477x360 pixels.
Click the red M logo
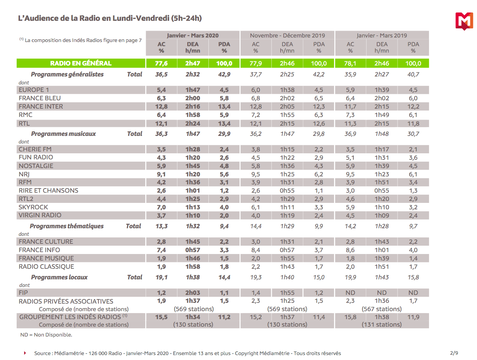pos(464,21)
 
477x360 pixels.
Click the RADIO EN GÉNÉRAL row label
pos(81,63)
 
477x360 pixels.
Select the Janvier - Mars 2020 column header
pos(193,35)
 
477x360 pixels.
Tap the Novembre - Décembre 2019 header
pos(287,36)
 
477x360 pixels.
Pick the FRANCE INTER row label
pos(41,106)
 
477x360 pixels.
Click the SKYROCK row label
pos(33,207)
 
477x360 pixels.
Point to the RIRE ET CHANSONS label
pos(48,190)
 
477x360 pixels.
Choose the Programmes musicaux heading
pos(64,134)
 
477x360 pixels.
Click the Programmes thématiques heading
pos(67,226)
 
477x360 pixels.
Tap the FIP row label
pos(23,293)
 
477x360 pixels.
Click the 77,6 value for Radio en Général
pos(161,63)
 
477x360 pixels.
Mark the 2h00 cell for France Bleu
pos(193,98)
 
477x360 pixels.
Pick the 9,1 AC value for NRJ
pos(161,174)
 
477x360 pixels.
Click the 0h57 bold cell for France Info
pos(193,250)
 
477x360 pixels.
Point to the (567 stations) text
pos(382,309)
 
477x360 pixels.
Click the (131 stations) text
pos(382,324)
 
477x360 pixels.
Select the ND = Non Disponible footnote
pos(46,335)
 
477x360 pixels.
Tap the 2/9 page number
pos(454,353)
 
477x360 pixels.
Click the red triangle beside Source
pos(25,353)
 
